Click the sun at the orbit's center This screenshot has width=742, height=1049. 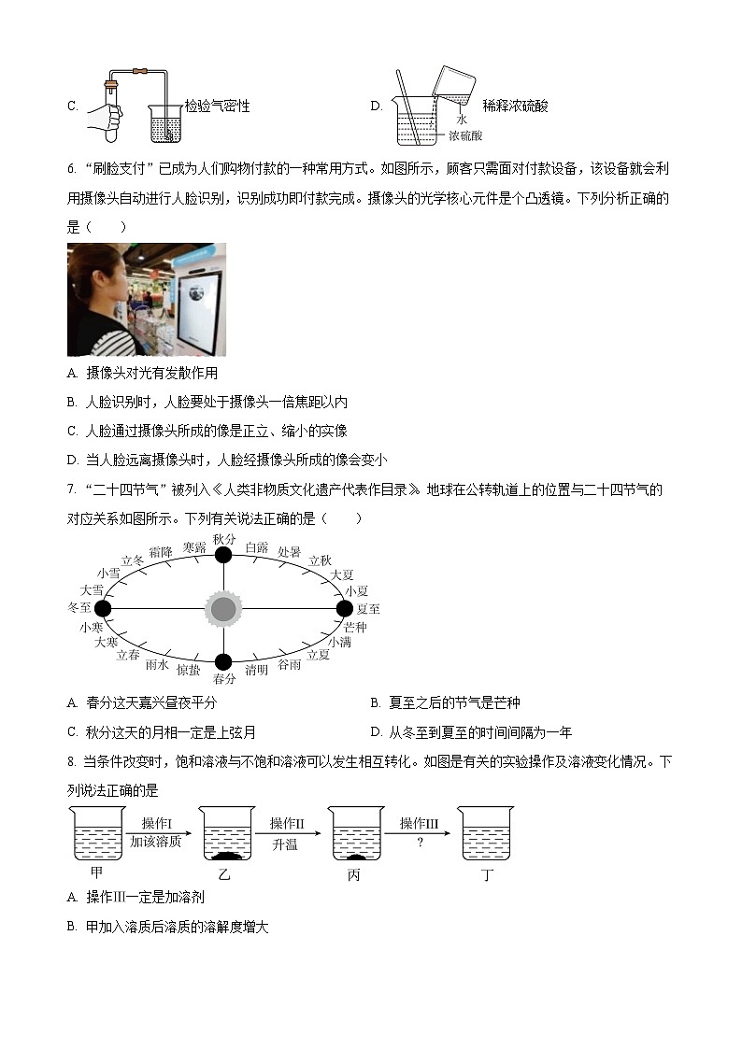(222, 609)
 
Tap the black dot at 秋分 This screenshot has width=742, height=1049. (222, 555)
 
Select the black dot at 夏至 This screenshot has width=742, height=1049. (345, 608)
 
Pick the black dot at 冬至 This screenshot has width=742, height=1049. (103, 608)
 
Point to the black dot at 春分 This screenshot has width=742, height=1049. (222, 662)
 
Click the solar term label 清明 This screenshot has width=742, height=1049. (256, 670)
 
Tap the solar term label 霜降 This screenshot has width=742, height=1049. (161, 552)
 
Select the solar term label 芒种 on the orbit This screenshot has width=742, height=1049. (355, 626)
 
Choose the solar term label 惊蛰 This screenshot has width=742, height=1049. (188, 670)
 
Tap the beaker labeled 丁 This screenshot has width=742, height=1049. (486, 833)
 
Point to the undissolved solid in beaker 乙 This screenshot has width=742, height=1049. (225, 855)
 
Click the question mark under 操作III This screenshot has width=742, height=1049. (419, 842)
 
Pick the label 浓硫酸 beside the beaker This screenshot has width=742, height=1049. (464, 135)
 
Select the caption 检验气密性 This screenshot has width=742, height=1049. (217, 106)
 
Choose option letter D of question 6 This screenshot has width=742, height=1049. (73, 460)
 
